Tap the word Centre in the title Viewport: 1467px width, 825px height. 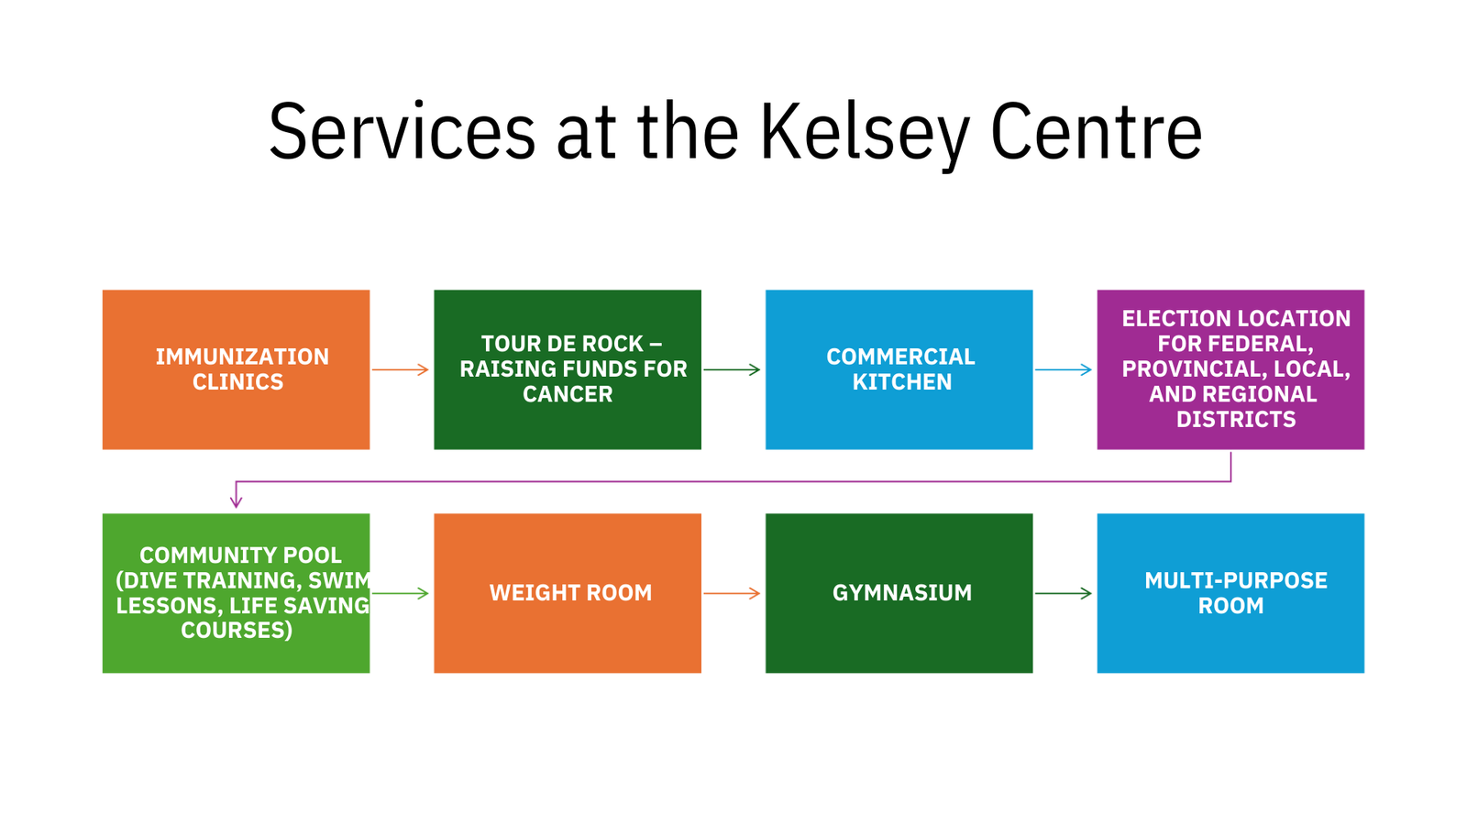(1097, 132)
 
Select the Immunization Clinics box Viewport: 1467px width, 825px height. (236, 370)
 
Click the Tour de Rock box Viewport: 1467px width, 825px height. (568, 370)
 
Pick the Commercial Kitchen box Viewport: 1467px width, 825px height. (899, 370)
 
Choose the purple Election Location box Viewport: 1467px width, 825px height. (1230, 370)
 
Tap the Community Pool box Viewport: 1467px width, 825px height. (236, 593)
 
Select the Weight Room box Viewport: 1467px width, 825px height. (568, 593)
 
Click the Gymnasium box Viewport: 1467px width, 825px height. (899, 593)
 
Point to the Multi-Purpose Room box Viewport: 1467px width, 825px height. (1230, 593)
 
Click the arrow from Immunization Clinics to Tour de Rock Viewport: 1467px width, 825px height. (400, 370)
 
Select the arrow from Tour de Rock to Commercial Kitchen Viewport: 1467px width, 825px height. (733, 370)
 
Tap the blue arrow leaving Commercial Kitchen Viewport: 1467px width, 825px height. (1064, 370)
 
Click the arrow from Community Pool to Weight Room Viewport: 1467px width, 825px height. (400, 593)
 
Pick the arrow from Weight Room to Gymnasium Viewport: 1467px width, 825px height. (733, 593)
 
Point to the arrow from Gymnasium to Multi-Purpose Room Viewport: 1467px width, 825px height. (1064, 593)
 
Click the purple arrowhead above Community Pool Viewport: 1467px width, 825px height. (236, 502)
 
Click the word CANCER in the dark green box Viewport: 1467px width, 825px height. (568, 394)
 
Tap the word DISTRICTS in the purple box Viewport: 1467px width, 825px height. (1236, 419)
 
